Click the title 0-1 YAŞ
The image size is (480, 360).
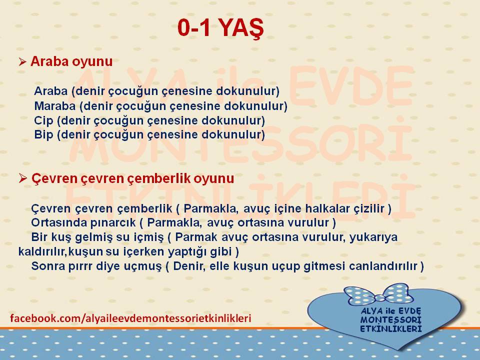[x=220, y=28]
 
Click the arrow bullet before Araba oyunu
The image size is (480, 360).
[x=22, y=62]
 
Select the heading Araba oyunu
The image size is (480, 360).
[x=71, y=61]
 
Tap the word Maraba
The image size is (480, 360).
[x=55, y=106]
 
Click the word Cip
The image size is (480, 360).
[x=43, y=120]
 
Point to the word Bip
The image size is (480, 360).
[x=43, y=134]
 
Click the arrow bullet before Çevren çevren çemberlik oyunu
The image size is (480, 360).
[x=22, y=178]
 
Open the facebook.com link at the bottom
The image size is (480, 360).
[x=130, y=318]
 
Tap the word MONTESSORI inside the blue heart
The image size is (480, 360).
[x=390, y=320]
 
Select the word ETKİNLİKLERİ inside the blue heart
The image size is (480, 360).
[x=390, y=329]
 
